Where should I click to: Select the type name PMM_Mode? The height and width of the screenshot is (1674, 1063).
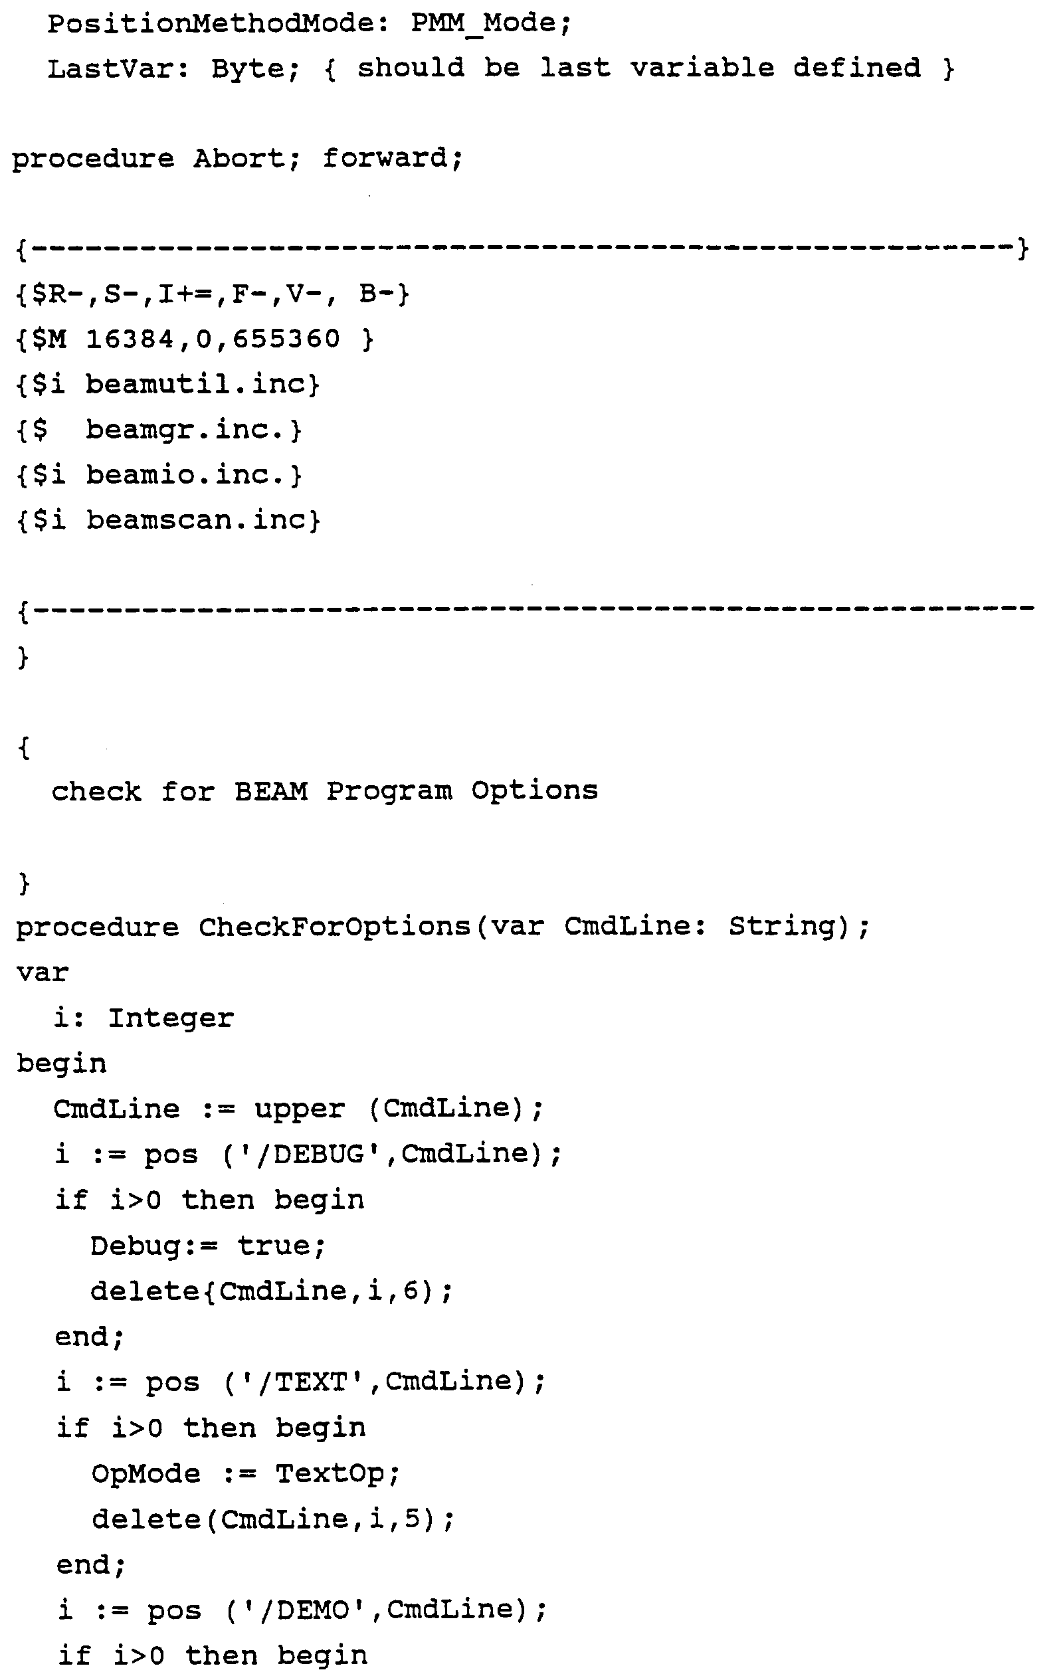[490, 24]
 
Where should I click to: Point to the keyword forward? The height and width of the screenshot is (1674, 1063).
[391, 159]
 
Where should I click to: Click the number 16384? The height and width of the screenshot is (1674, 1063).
[131, 339]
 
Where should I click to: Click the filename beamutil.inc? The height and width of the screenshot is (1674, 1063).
[201, 385]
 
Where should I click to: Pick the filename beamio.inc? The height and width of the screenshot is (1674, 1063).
[192, 475]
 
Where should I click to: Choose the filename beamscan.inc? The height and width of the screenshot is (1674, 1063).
[201, 520]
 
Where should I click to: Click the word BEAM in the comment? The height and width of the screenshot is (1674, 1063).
[271, 791]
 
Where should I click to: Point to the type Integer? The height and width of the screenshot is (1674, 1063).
[171, 1018]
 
